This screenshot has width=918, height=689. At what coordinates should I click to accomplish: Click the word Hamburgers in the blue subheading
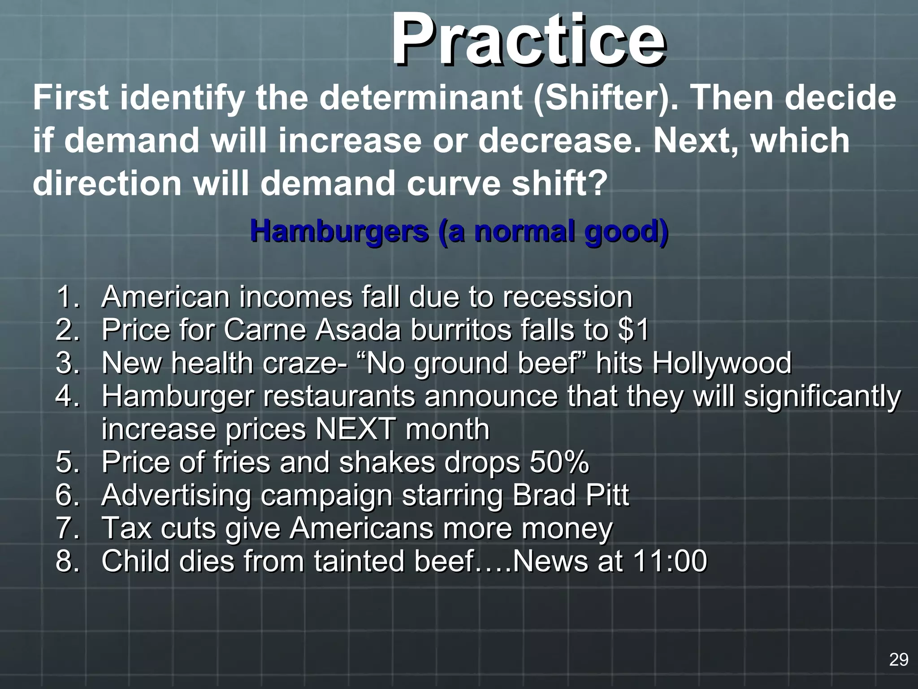(339, 231)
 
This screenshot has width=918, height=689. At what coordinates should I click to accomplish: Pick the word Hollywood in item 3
(722, 363)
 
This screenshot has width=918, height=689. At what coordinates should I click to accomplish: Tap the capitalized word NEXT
(356, 429)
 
